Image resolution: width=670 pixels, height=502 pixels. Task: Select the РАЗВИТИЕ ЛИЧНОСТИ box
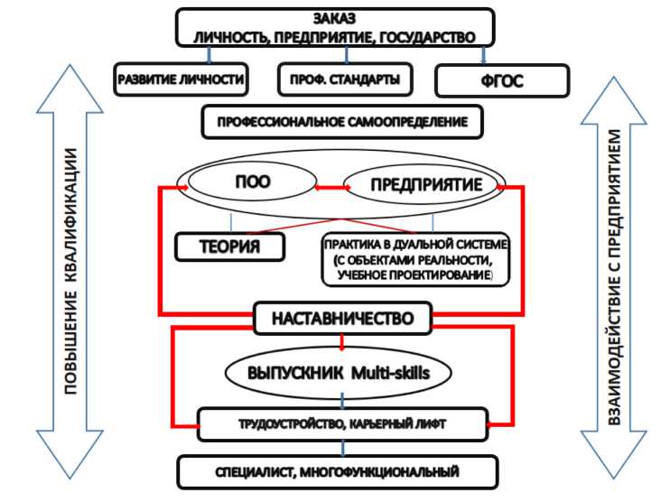[181, 79]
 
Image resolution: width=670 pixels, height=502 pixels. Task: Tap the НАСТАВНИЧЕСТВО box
[343, 319]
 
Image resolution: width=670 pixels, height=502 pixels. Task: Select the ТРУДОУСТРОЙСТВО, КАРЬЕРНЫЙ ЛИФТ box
[343, 420]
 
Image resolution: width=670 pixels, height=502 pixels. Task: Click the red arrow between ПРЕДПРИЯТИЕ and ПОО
[326, 187]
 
